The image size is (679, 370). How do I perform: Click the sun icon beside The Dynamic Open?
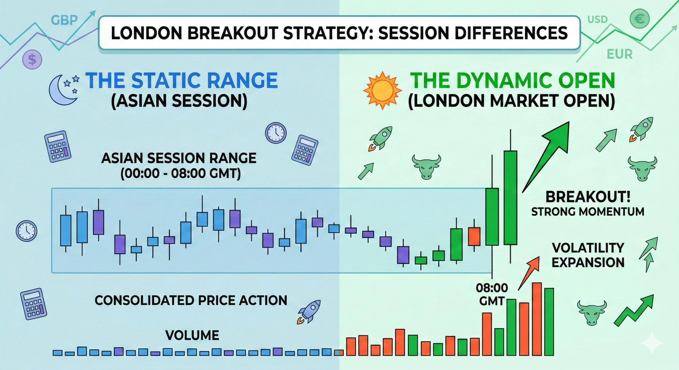pos(382,90)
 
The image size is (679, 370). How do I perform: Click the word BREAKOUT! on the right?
pos(588,197)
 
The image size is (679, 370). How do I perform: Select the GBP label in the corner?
pos(64,20)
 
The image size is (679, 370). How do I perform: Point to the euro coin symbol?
pos(639,19)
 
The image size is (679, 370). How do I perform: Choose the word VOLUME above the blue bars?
pos(192,335)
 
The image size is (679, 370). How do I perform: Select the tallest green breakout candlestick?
pos(510,197)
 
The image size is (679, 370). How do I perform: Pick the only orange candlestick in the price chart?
pos(474,236)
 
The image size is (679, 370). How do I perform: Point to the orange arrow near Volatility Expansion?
pos(529,273)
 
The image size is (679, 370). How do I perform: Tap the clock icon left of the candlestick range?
pos(27,231)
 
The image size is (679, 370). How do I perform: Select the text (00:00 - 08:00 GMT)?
pos(181,174)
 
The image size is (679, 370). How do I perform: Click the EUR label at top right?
pos(620,54)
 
